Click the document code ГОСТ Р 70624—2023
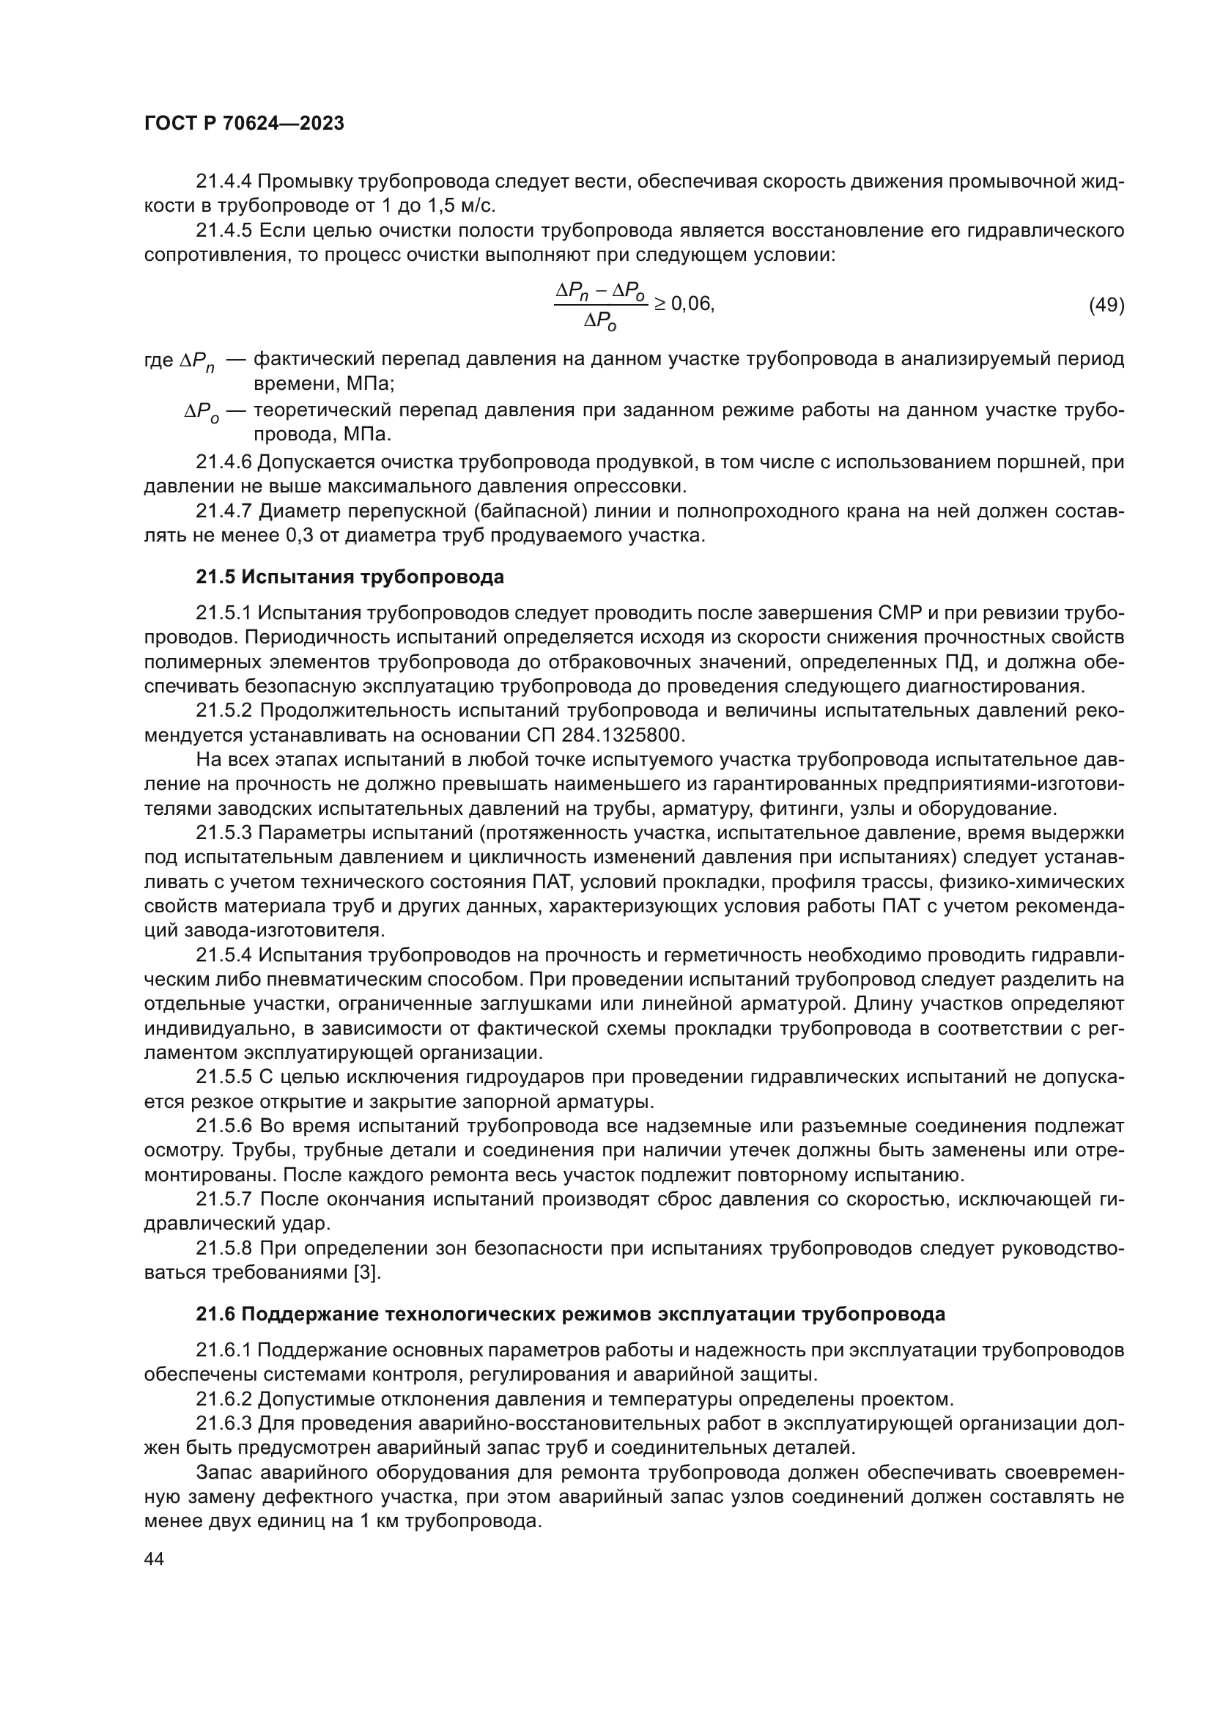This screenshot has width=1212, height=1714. click(244, 123)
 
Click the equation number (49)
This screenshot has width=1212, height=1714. click(1106, 306)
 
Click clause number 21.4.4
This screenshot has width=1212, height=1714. click(224, 182)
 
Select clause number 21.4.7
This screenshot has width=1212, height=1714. click(224, 511)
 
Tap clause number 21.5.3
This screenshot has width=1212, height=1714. click(224, 832)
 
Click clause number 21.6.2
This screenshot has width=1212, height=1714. click(224, 1399)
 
